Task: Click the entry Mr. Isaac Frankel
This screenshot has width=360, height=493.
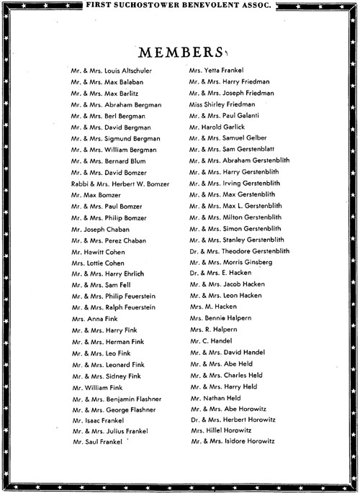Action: coord(98,420)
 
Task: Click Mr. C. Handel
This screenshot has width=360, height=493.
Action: coord(210,340)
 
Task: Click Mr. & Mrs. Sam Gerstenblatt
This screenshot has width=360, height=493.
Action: coord(233,149)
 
